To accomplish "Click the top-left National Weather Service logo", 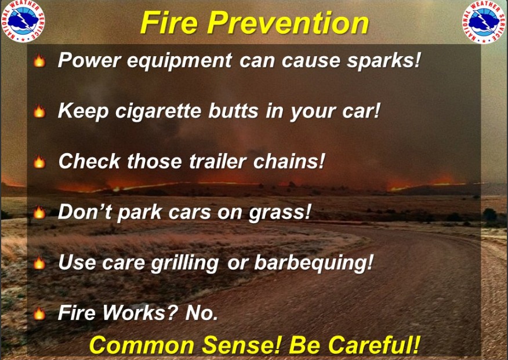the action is click(x=23, y=21).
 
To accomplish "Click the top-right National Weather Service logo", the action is click(x=484, y=21).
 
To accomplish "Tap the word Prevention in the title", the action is click(x=288, y=23).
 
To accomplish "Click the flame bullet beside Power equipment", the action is click(x=39, y=60).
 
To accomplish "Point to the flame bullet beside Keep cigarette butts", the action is click(x=39, y=111).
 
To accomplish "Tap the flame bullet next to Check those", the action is click(x=39, y=162).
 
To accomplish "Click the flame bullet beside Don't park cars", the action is click(x=39, y=212).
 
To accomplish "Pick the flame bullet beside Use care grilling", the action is click(x=39, y=263).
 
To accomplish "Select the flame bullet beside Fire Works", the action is click(x=39, y=314).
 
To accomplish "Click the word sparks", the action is click(x=383, y=61).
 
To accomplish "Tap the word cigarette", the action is click(x=158, y=112).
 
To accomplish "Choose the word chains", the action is click(x=289, y=161).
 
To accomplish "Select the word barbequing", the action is click(x=314, y=263).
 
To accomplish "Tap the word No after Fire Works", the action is click(x=202, y=313).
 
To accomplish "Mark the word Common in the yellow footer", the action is click(x=141, y=345).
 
